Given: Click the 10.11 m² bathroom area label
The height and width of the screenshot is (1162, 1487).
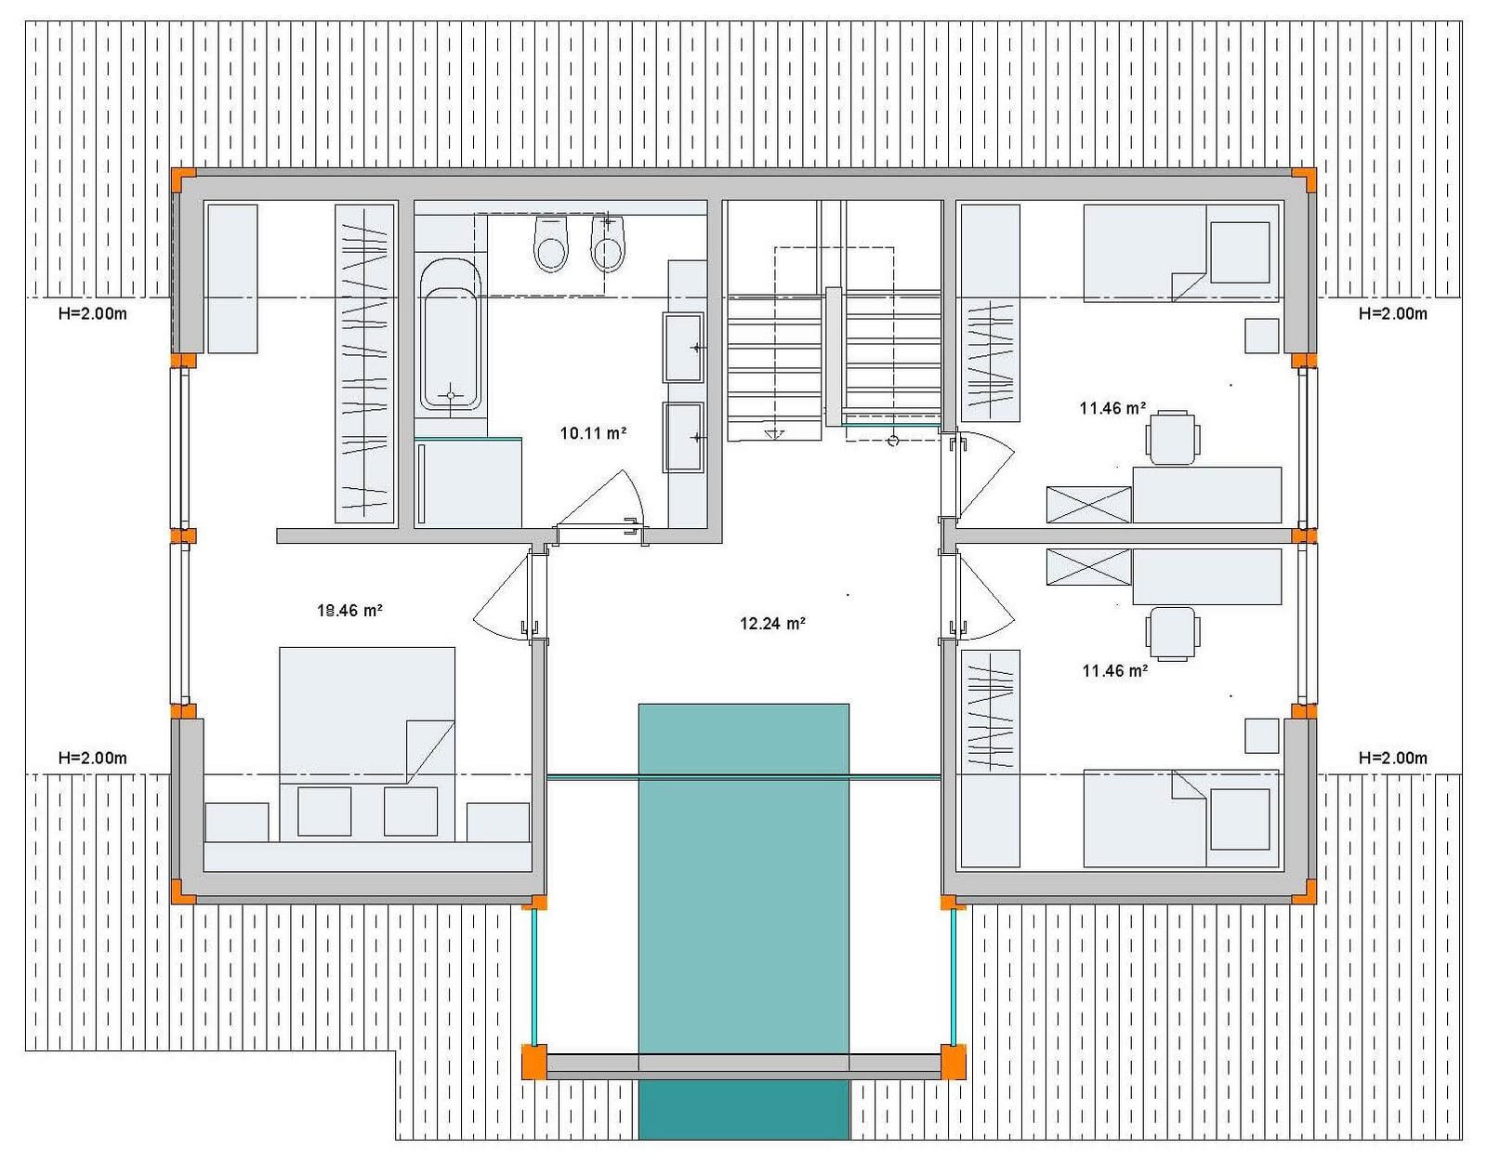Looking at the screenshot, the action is coord(593,433).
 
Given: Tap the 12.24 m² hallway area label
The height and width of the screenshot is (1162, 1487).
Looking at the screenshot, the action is coord(772,624).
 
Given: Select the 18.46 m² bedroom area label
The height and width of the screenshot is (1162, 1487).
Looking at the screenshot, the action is coord(349,610).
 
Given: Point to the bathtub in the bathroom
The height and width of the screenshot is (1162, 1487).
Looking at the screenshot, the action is coord(450,336).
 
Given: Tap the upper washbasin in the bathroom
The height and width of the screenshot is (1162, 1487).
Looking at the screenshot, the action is coord(683,347).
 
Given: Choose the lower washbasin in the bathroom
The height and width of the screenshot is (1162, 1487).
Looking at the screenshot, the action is coord(683,437).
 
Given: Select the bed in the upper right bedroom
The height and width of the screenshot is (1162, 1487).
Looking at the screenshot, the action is coord(1181,253).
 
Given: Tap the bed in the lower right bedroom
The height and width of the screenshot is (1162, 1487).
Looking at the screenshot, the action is coord(1181,818).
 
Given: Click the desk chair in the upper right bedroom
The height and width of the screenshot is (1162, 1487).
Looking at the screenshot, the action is coord(1173,437).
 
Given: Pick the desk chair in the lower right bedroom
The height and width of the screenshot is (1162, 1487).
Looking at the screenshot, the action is coord(1173,634).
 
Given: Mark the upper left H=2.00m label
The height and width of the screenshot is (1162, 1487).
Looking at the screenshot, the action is coord(92,314).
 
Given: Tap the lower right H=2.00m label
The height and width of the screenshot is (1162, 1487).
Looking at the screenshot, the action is coord(1392,759).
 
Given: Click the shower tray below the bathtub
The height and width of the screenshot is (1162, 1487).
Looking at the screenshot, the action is coord(468,482).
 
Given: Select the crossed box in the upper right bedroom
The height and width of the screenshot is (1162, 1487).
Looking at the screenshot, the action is coord(1088,505).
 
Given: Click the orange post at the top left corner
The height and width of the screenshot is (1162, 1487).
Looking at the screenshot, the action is coord(183,180).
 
